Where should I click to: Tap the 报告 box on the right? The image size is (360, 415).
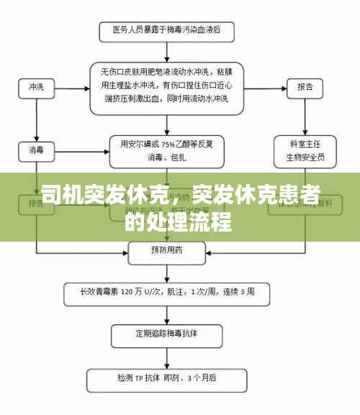tap(305, 87)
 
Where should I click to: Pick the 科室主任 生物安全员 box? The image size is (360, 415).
tap(305, 149)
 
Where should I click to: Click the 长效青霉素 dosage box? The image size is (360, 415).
tap(167, 292)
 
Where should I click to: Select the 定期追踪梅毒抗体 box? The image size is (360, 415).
tap(166, 334)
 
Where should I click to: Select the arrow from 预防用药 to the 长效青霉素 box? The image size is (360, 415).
tap(166, 271)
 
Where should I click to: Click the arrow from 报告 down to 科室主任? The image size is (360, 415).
tap(305, 115)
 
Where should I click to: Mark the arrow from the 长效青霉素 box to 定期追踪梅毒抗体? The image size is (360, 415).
tap(166, 313)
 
